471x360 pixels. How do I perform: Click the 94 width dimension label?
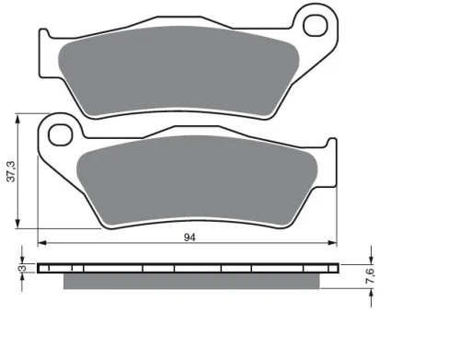(190, 238)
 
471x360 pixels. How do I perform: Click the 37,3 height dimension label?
(11, 171)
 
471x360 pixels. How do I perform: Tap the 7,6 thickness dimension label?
(371, 275)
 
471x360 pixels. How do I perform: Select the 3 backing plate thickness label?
(22, 268)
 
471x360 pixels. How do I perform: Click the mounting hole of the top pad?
(316, 26)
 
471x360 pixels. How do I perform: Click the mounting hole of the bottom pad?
(61, 134)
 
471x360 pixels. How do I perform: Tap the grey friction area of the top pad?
(178, 71)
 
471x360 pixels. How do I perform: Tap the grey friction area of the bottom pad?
(197, 181)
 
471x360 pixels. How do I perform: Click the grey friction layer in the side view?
(191, 281)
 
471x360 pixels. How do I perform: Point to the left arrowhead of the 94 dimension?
(41, 243)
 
